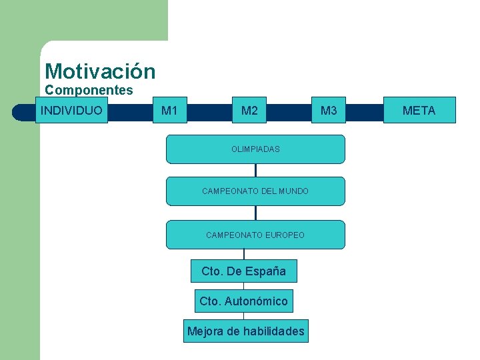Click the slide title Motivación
100,71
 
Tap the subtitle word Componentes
89,90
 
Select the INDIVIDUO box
71,110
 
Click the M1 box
169,111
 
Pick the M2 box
249,111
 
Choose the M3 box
329,111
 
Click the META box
419,111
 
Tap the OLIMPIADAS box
255,149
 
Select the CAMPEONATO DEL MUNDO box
255,191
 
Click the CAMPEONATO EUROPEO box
255,235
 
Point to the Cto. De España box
243,271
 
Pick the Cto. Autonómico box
243,301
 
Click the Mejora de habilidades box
246,331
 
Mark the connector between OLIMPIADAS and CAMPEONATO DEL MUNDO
255,170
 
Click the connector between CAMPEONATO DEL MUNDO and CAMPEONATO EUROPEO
255,213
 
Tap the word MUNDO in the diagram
294,191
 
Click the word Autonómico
256,301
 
